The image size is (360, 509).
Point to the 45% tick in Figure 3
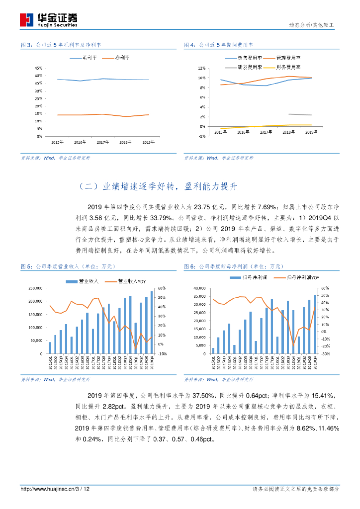(38, 68)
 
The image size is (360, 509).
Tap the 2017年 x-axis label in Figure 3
(103, 142)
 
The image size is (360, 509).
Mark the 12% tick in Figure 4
(201, 68)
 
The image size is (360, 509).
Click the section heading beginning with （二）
(159, 186)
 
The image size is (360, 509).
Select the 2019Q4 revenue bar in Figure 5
(152, 323)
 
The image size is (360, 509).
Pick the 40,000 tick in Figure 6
(198, 288)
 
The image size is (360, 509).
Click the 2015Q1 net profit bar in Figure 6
(213, 350)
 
